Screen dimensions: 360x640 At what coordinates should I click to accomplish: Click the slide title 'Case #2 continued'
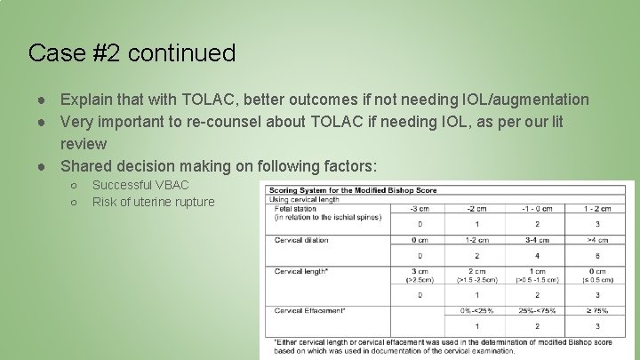coord(132,53)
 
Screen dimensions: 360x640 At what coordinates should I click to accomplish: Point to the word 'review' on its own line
coord(84,143)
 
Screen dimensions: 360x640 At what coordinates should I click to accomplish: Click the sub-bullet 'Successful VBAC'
coord(140,185)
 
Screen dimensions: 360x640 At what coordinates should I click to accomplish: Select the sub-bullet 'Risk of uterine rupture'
coord(153,202)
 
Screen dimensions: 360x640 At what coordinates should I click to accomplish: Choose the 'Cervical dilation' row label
coord(302,240)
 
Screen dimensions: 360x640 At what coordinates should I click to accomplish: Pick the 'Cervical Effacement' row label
coord(310,310)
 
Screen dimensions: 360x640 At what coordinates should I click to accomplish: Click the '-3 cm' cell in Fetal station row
coord(420,209)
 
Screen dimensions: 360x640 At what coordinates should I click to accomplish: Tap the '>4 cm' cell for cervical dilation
coord(596,240)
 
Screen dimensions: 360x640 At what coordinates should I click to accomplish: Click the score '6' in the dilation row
coord(596,256)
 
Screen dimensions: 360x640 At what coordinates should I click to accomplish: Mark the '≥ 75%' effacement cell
coord(596,310)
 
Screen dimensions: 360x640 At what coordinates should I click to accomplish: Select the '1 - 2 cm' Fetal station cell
coord(596,209)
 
